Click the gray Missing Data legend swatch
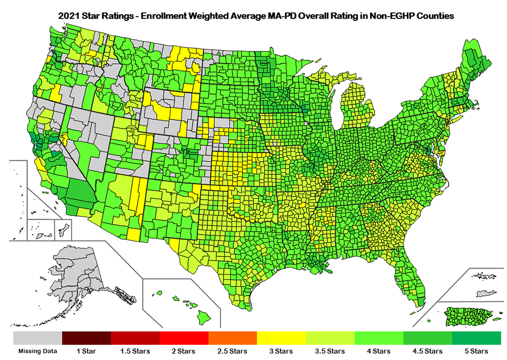[37, 337]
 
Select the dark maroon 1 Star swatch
[86, 337]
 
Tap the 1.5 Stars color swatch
[135, 337]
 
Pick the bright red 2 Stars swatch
[184, 337]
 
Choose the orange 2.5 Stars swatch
[233, 337]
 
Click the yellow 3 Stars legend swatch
[281, 337]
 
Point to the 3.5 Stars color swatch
[330, 337]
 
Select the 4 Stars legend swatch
[379, 337]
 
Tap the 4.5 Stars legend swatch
[427, 337]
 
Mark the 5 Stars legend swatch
[476, 337]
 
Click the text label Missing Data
[37, 351]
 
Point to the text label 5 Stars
[476, 351]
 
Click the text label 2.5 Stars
[233, 351]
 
